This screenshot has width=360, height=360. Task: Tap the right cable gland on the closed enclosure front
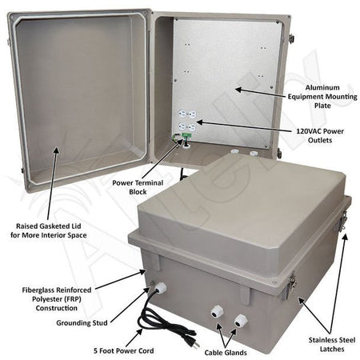pos(238,322)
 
